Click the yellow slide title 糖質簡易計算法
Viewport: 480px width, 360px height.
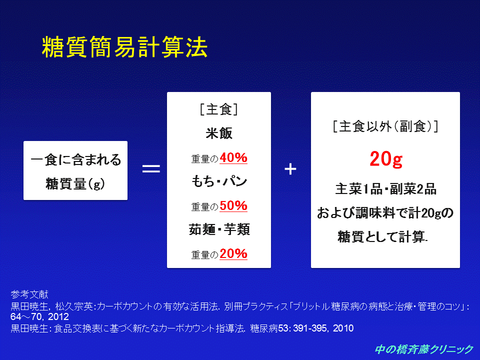coord(124,47)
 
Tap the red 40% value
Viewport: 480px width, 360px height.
coord(233,158)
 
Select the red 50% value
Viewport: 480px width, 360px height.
coord(233,205)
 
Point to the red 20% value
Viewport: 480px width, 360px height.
coord(233,254)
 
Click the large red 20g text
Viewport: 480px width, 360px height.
coord(386,159)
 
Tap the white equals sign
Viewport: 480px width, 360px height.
coord(151,168)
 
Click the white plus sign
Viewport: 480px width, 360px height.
coord(290,169)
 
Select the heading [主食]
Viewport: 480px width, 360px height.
coord(219,109)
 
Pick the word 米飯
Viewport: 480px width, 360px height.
coord(219,133)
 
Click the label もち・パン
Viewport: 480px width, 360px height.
coord(219,181)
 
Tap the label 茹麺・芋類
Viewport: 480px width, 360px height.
coord(219,229)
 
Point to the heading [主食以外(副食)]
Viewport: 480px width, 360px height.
coord(385,126)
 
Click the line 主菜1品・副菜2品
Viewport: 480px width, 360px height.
coord(385,189)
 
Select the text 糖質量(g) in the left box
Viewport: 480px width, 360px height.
coord(75,183)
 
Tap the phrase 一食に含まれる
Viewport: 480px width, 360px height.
coord(75,159)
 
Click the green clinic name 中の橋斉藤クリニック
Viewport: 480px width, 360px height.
coord(424,349)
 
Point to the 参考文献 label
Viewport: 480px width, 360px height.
coord(29,294)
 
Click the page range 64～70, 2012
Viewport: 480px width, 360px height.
coord(39,316)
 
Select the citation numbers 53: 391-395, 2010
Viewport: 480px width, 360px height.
coord(316,328)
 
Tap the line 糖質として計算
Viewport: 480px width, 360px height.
coord(382,236)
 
